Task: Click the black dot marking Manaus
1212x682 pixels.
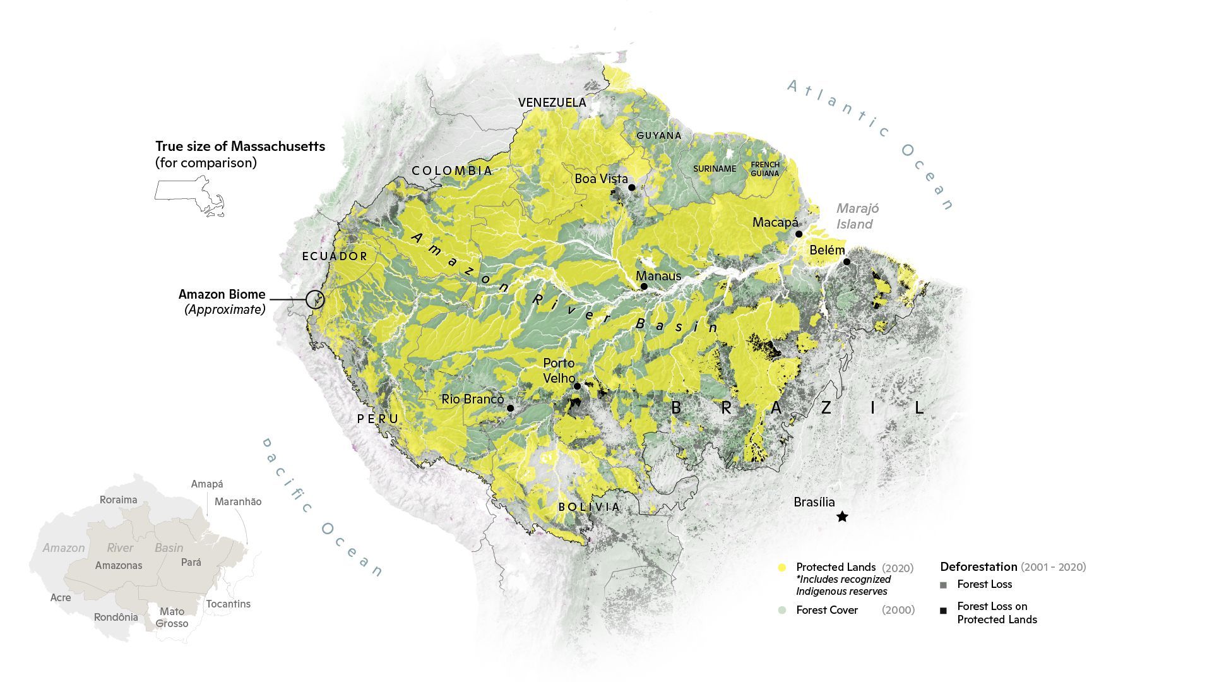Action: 644,287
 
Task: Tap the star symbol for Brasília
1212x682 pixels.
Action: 842,517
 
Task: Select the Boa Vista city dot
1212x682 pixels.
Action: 631,188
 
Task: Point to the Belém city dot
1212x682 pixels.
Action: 847,261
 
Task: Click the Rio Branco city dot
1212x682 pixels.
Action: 510,409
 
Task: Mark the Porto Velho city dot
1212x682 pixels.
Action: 577,386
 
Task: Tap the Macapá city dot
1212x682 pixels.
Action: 799,234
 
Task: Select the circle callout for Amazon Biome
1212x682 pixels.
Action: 315,299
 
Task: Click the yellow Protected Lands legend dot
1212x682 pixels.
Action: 782,568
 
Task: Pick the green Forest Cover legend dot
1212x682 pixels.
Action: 782,610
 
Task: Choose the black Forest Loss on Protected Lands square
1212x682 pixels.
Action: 943,611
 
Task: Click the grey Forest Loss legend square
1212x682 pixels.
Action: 943,585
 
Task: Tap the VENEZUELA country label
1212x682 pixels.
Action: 552,102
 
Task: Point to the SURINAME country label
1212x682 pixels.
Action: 715,169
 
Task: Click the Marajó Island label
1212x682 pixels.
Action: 856,216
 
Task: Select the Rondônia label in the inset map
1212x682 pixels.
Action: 116,617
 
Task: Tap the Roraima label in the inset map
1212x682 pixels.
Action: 118,500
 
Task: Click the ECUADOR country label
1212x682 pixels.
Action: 335,256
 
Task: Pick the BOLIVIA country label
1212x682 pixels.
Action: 589,507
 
